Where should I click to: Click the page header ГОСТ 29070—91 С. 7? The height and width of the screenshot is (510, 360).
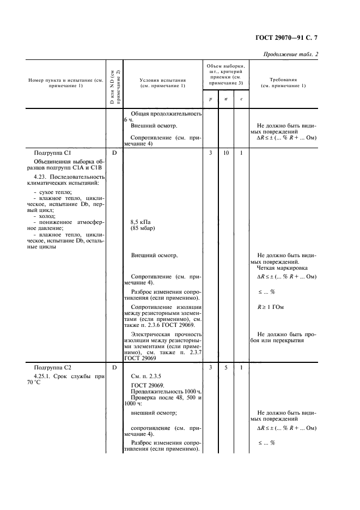click(x=286, y=38)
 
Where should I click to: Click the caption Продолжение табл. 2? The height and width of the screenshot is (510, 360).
click(x=290, y=54)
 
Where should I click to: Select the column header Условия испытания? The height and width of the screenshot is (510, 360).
click(x=163, y=80)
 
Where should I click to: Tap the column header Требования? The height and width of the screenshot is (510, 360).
click(x=283, y=80)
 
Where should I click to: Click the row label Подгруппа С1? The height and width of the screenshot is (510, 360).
click(x=52, y=153)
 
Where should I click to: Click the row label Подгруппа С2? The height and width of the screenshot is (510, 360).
click(x=52, y=368)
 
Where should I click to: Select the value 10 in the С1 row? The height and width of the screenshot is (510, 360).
click(x=226, y=153)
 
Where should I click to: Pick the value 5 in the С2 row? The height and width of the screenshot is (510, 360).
click(x=226, y=368)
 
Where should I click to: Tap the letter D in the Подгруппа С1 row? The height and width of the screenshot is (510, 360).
click(x=114, y=153)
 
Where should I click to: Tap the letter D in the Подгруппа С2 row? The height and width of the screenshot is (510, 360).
click(x=114, y=368)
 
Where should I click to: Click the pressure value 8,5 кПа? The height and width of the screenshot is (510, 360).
click(x=141, y=222)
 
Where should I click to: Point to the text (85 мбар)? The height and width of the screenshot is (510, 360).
click(x=143, y=228)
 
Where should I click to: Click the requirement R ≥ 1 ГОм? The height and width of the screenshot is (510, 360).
click(x=271, y=307)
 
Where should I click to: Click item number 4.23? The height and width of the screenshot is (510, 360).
click(x=40, y=177)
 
